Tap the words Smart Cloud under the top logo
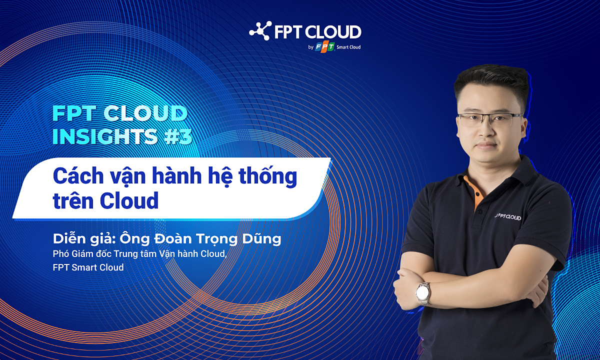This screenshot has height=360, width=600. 348,47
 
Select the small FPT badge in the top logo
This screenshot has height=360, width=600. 325,47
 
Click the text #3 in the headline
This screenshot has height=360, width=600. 178,136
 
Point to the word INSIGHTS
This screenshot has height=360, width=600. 104,136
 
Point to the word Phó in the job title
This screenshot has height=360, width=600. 61,254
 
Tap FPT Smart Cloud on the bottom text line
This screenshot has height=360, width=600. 88,267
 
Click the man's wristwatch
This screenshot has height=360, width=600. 423,293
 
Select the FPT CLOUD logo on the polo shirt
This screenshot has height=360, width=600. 507,217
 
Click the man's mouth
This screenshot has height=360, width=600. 487,145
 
